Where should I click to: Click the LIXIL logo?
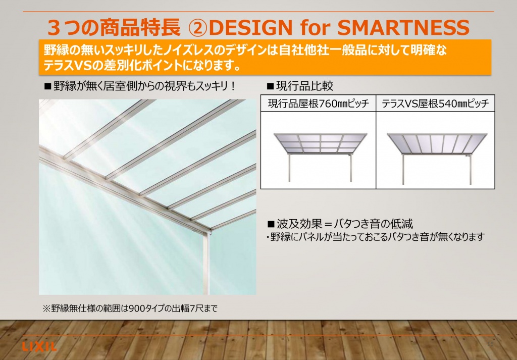pos(39,346)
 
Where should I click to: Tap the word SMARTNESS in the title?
pos(403,27)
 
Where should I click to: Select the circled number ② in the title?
pos(198,28)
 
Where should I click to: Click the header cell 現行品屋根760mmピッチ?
pos(318,104)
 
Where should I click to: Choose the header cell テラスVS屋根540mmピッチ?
pos(435,104)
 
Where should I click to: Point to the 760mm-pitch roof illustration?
pos(320,157)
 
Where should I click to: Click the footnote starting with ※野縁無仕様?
pos(130,308)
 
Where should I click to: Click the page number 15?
pos(490,344)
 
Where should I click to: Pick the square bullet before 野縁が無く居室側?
pos(48,86)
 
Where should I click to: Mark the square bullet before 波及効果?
pos(271,225)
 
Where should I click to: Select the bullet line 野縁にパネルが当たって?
pos(376,237)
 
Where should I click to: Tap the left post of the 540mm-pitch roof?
pos(403,170)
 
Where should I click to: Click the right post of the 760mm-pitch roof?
pos(350,167)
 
